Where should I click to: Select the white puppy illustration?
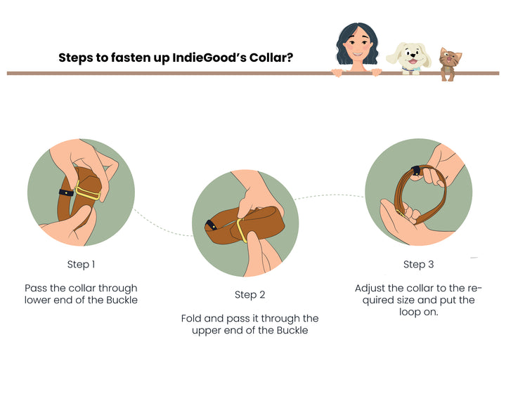pos(408,58)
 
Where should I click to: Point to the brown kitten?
pos(450,64)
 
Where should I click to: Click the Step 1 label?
pos(81,265)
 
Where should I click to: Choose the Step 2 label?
pos(249,295)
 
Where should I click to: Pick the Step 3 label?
pos(419,265)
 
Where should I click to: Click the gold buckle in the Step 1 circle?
pos(87,192)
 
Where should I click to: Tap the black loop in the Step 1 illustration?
pos(66,192)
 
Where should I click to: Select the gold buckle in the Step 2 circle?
pos(242,230)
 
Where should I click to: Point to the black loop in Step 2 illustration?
pos(212,225)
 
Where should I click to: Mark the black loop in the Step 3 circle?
pos(416,171)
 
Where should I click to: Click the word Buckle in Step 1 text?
pos(122,300)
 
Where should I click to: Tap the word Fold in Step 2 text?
pos(191,318)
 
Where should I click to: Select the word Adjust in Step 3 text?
pos(370,288)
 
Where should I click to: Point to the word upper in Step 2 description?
pos(205,331)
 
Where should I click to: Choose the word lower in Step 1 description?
pos(37,300)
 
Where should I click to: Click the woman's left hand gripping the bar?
pos(377,72)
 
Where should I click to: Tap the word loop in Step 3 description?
pos(410,312)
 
